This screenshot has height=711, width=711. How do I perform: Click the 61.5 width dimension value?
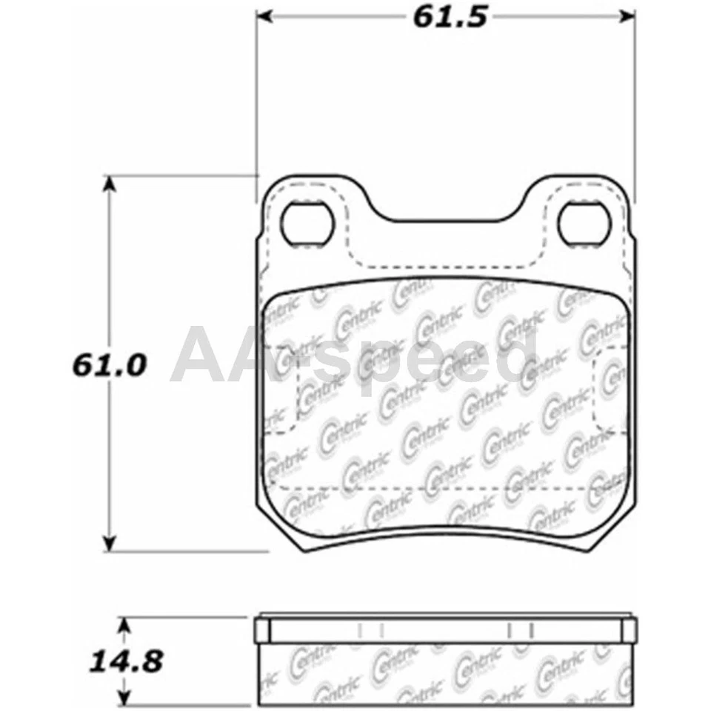click(x=450, y=16)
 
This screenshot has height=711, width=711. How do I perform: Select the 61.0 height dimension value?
click(x=110, y=364)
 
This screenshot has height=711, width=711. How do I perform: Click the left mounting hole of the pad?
click(x=307, y=224)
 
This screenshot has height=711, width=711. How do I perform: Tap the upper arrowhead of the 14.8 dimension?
click(x=125, y=627)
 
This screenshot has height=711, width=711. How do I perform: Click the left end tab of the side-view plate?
click(x=261, y=630)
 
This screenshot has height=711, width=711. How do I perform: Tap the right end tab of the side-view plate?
click(x=629, y=630)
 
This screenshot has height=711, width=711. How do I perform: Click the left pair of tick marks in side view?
click(x=369, y=630)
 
